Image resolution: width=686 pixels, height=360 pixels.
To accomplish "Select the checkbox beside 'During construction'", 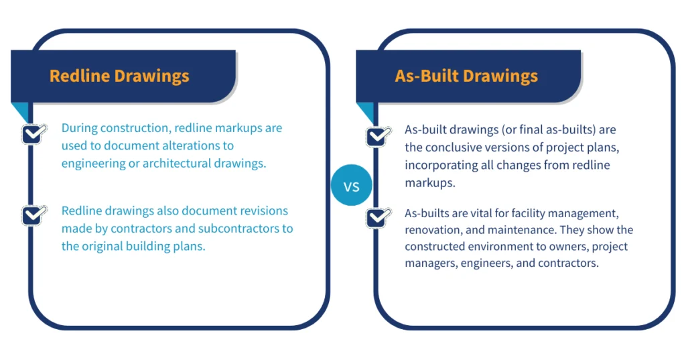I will point(33,133).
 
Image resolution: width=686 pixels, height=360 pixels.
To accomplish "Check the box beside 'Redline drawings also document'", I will point(33,215).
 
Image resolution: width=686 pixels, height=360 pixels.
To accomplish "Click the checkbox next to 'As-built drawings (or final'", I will point(378,136).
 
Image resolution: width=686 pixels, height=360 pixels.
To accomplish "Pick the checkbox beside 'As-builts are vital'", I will point(378,218).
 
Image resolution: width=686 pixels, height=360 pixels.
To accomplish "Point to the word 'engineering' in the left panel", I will point(92,163).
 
